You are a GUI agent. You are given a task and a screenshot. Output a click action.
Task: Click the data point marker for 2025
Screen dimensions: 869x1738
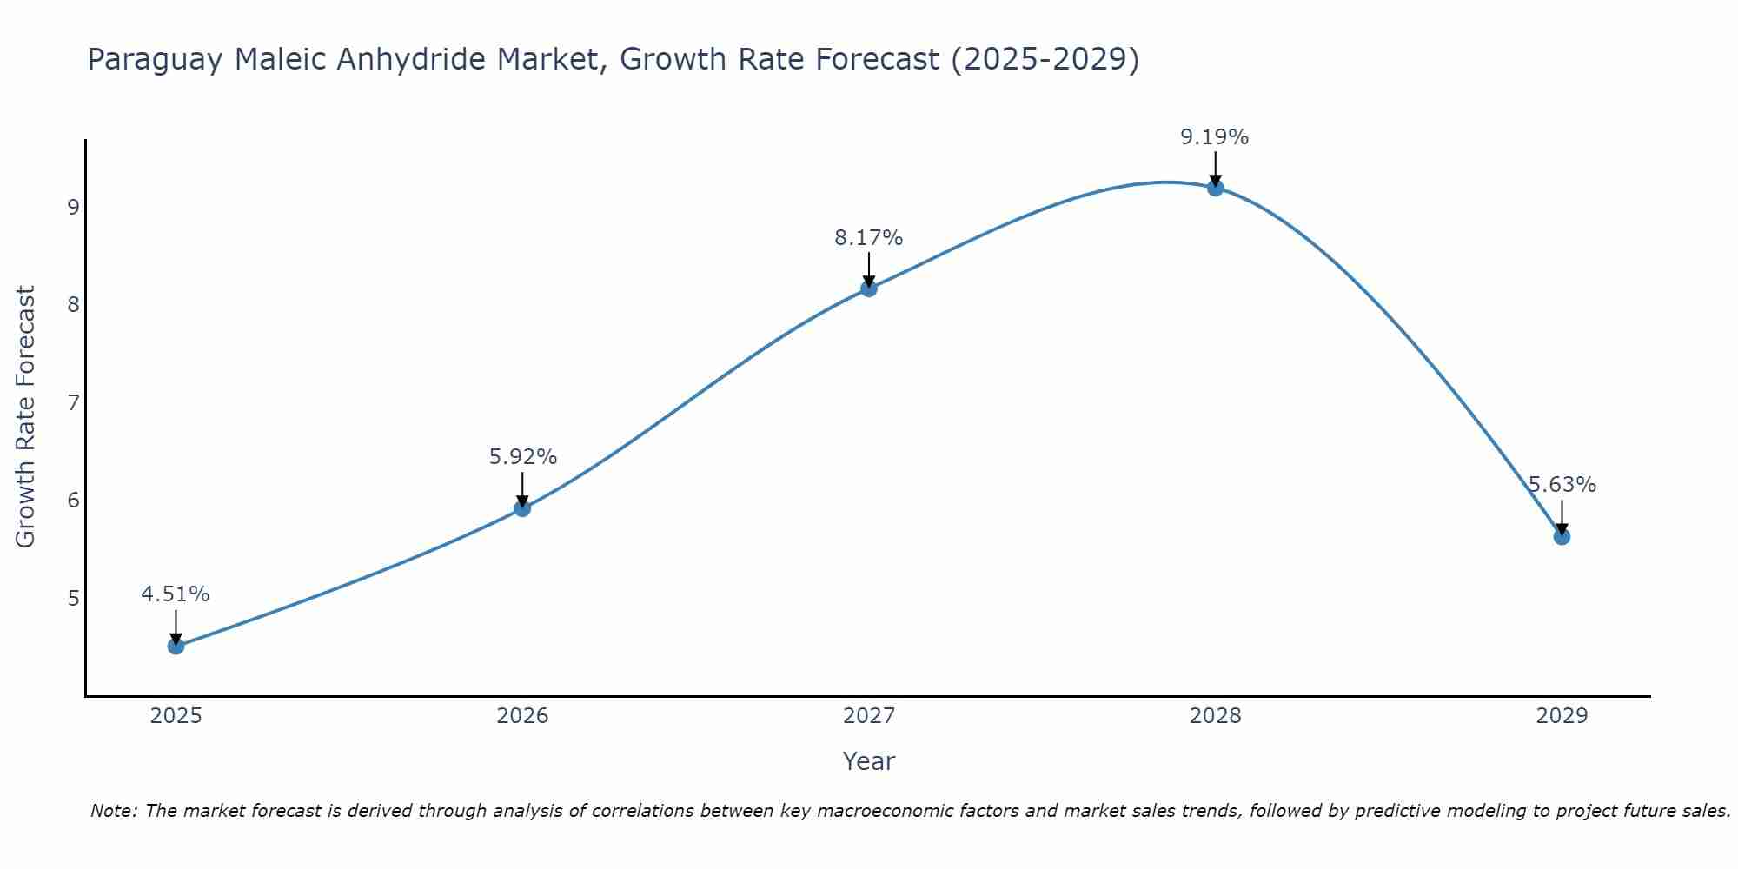click(176, 646)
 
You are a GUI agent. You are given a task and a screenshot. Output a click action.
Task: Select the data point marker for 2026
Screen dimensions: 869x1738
click(522, 507)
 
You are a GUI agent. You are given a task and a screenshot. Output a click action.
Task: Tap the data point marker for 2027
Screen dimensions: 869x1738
click(869, 288)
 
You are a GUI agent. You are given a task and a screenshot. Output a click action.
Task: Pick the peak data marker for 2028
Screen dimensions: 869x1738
click(1215, 188)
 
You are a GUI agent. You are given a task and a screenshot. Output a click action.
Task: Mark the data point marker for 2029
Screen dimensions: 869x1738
click(1562, 536)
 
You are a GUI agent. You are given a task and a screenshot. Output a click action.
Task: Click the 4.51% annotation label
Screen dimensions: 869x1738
click(176, 594)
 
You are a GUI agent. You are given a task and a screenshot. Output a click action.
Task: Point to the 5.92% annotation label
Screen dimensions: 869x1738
click(522, 456)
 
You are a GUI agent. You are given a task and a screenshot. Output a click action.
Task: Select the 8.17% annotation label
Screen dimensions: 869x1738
click(869, 237)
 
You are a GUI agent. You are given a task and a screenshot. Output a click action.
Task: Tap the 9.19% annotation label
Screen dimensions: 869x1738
click(1215, 137)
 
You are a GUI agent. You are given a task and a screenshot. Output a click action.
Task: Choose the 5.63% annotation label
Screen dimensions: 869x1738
click(1562, 485)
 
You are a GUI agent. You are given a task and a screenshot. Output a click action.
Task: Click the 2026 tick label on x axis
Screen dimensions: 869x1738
click(522, 716)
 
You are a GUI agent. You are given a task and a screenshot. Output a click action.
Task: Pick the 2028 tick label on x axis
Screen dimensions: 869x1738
click(1215, 716)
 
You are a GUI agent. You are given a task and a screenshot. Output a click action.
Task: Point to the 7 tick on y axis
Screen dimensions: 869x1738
click(73, 402)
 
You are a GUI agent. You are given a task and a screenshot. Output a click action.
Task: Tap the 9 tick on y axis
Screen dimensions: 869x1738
click(73, 207)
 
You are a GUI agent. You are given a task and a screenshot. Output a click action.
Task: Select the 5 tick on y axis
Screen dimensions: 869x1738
click(73, 598)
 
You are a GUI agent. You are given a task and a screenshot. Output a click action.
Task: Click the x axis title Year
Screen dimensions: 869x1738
click(869, 761)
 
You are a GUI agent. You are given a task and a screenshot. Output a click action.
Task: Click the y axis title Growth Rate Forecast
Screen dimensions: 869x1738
click(26, 417)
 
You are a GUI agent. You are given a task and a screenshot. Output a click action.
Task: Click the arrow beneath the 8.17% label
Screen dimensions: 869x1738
click(869, 268)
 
